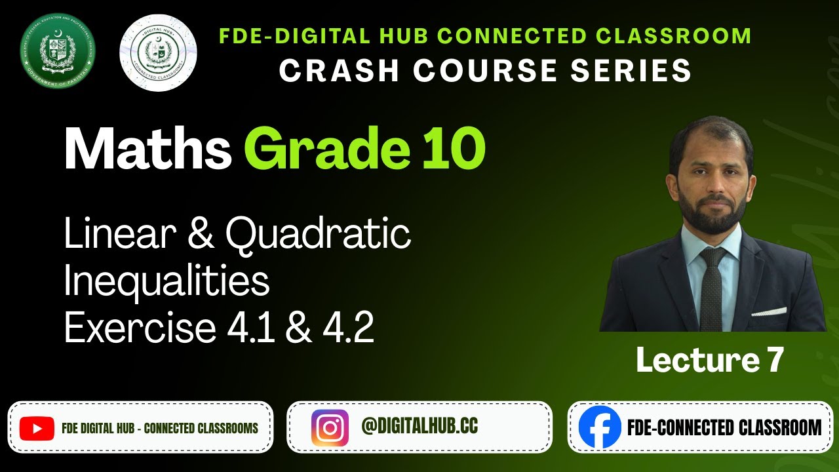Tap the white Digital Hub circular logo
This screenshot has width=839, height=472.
[158, 52]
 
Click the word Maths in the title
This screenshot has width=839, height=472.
[147, 151]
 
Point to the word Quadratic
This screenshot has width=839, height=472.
[319, 235]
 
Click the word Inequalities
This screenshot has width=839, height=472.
[166, 282]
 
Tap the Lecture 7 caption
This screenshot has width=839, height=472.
[710, 361]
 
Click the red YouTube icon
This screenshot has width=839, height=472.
[37, 429]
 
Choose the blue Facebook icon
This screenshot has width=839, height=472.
[599, 427]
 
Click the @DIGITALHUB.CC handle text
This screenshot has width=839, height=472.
[419, 427]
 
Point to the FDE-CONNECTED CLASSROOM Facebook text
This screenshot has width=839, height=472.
[724, 428]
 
